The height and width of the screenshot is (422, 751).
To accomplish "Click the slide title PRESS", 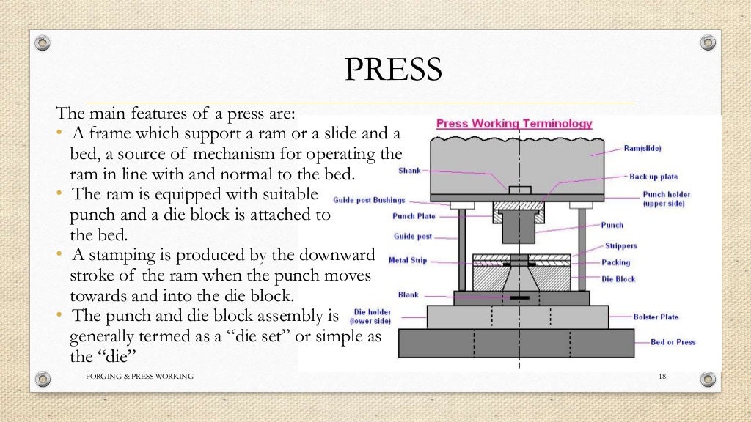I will click(x=393, y=70).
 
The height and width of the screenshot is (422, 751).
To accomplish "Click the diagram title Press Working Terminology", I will click(x=514, y=124).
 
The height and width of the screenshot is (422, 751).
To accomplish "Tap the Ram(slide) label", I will click(x=642, y=148).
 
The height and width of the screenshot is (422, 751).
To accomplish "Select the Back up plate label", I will click(x=653, y=177).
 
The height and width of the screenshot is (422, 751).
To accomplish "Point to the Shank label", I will click(x=409, y=170).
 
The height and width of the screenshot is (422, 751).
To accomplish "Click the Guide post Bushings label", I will click(x=368, y=199).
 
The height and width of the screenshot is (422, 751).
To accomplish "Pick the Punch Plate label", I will click(x=414, y=216).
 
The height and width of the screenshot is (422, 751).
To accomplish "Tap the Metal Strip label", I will click(x=408, y=260).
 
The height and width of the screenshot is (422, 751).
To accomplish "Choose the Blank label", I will click(x=409, y=295).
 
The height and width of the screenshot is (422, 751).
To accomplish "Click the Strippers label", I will click(x=620, y=246).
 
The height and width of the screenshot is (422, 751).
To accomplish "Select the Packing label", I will click(x=616, y=262).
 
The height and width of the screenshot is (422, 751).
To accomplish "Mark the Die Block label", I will click(x=619, y=279).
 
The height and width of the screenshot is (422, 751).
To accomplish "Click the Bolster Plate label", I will click(x=656, y=317).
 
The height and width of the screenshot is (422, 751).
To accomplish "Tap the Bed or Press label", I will click(x=673, y=342).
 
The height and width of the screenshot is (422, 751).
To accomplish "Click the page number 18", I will click(x=662, y=376).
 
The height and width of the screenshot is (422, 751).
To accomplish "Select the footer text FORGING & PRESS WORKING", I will click(x=139, y=376).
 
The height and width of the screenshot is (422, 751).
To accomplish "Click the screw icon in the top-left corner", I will click(x=43, y=42).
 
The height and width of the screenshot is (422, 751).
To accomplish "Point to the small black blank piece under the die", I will click(x=520, y=297).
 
